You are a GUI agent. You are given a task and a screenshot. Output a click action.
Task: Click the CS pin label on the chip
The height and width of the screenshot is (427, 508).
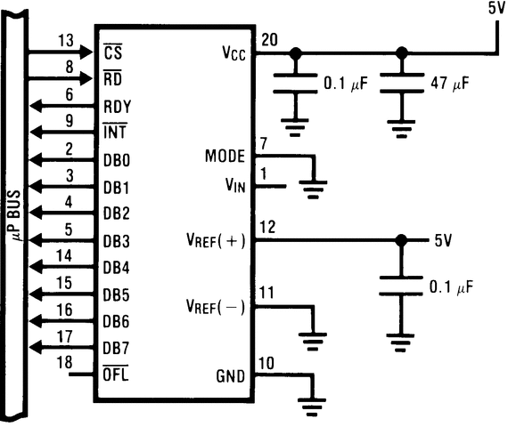point(113,52)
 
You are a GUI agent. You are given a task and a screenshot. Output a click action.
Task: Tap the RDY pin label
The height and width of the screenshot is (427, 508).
point(117,106)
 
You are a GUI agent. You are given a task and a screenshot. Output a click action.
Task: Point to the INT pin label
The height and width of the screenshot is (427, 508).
point(116,133)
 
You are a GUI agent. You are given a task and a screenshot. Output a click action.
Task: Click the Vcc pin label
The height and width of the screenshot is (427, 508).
point(234,52)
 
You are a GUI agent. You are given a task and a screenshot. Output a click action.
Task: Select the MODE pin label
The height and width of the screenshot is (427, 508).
point(225,157)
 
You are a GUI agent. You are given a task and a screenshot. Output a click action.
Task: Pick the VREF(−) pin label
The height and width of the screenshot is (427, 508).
point(217,306)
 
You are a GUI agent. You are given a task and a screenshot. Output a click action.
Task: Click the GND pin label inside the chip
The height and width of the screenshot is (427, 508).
point(233,375)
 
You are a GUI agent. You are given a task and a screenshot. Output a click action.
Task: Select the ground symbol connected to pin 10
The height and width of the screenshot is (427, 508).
point(311,405)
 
